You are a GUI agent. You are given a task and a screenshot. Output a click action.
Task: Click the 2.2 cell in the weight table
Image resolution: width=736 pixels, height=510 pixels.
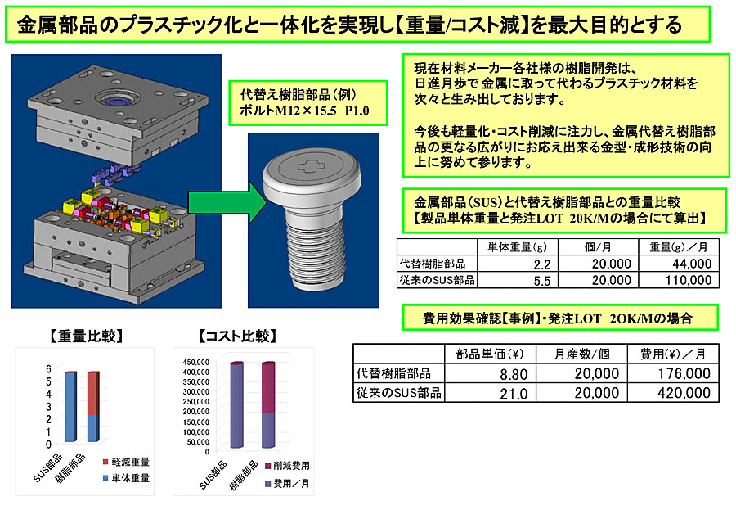[541, 264]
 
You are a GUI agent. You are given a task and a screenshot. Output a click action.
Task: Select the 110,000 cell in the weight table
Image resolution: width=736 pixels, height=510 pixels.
[689, 281]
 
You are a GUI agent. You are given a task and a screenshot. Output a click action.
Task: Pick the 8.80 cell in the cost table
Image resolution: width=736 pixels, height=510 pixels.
[514, 374]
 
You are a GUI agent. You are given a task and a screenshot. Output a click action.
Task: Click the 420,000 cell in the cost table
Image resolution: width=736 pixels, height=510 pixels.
[684, 393]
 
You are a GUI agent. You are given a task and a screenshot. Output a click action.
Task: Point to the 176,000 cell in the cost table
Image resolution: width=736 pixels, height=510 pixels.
[684, 373]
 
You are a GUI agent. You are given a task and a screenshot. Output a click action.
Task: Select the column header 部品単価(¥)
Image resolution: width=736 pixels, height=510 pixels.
[490, 354]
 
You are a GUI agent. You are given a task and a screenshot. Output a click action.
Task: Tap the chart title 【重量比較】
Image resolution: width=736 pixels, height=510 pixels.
[87, 336]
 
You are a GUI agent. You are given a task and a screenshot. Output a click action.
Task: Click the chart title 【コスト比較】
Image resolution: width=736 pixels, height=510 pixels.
[239, 336]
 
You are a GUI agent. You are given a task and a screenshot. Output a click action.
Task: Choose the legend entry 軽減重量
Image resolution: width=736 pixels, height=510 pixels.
[126, 462]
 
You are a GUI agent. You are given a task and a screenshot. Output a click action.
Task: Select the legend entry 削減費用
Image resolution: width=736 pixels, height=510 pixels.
[287, 466]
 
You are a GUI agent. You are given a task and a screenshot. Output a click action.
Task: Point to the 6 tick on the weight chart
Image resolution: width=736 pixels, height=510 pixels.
[48, 369]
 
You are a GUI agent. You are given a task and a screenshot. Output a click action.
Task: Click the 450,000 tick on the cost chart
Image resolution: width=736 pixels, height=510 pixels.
[195, 362]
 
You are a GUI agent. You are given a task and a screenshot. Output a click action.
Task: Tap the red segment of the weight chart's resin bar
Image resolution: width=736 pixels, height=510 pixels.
[93, 395]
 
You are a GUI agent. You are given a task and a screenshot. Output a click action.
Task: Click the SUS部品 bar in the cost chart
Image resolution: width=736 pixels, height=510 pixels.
[236, 404]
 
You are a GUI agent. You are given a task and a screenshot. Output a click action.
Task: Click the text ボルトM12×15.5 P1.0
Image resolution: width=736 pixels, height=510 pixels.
[305, 111]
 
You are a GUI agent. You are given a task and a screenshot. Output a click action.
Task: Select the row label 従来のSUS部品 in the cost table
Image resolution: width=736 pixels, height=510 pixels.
[399, 393]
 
